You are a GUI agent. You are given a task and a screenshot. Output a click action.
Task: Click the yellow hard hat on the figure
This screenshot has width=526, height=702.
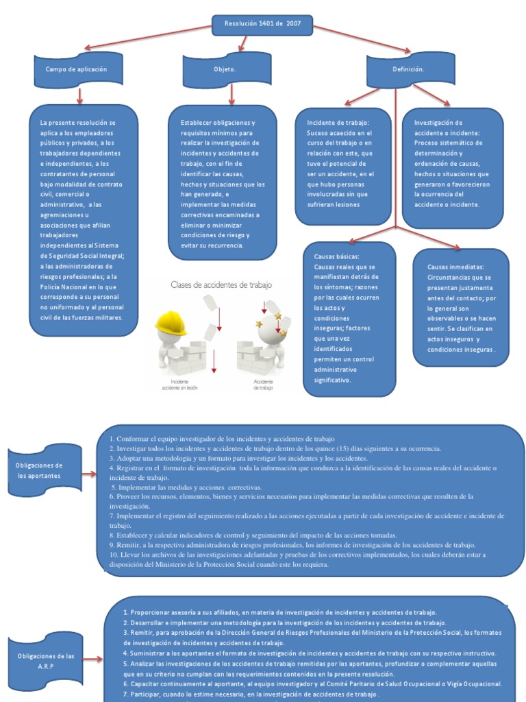[x=171, y=323]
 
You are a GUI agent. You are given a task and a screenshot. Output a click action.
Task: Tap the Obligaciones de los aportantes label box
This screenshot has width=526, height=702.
[x=38, y=470]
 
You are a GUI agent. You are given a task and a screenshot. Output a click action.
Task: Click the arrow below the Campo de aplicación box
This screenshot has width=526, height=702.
[x=79, y=94]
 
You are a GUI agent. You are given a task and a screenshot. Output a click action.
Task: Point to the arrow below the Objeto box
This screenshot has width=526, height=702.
[x=231, y=94]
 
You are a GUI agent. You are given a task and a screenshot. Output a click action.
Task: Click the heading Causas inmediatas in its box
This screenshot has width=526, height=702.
[x=455, y=267]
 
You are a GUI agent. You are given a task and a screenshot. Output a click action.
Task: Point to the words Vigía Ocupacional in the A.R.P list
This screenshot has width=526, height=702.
[x=473, y=683]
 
